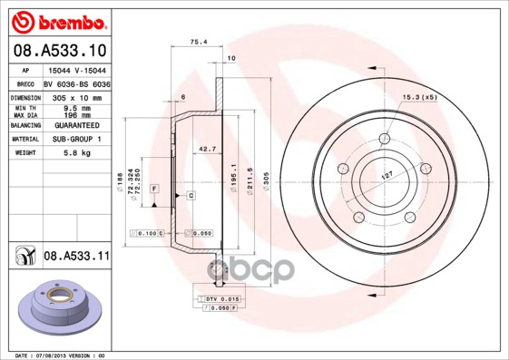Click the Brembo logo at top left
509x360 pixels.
tap(57, 20)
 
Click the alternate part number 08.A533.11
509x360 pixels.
tap(76, 257)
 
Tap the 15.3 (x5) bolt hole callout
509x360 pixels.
tap(419, 96)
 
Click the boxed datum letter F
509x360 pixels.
tap(155, 188)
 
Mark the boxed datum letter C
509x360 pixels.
tap(191, 196)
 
